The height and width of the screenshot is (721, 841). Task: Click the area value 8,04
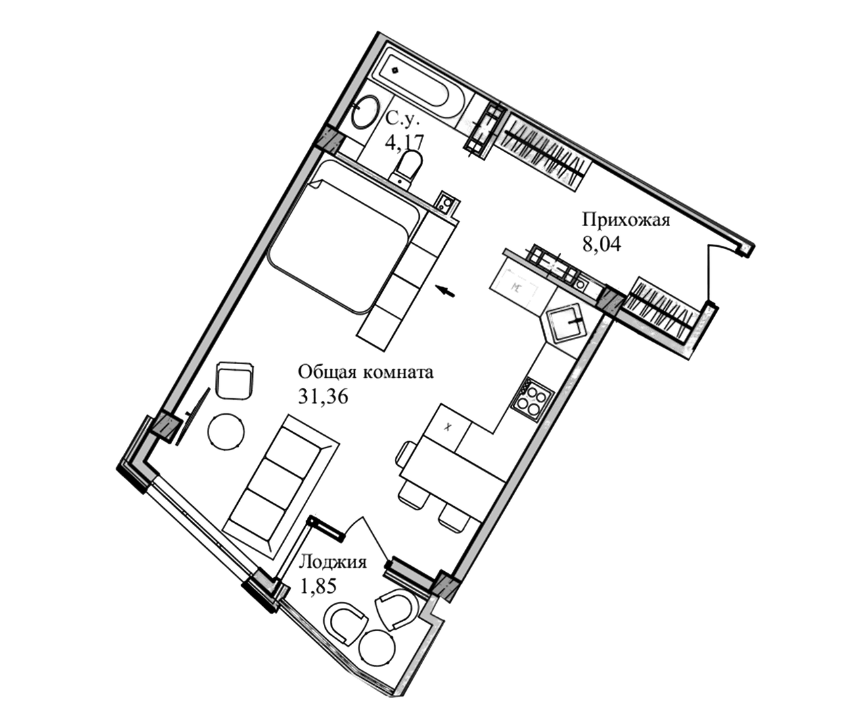point(601,244)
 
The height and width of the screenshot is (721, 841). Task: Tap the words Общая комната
point(366,373)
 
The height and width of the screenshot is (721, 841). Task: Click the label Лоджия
point(333,563)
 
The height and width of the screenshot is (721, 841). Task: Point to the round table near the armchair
point(227,432)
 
